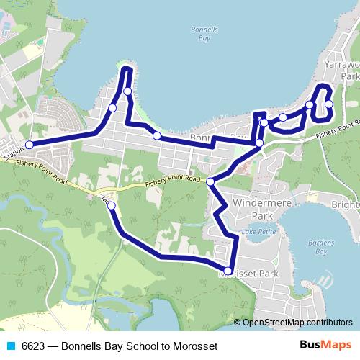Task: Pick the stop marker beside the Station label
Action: [x=30, y=145]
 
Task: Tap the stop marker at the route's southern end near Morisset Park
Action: [x=229, y=271]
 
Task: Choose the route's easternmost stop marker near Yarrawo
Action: [x=329, y=104]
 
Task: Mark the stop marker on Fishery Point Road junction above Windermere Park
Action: [x=210, y=181]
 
